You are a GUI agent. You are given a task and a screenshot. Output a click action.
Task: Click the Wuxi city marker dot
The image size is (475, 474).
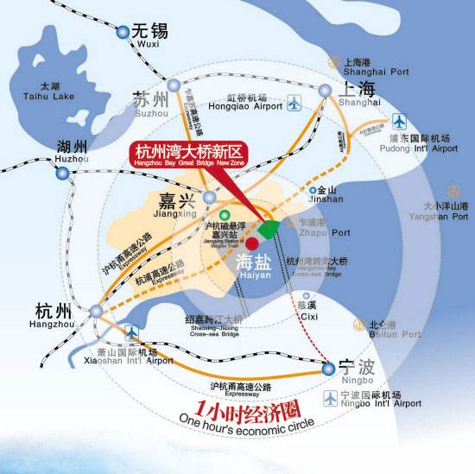tap(123, 32)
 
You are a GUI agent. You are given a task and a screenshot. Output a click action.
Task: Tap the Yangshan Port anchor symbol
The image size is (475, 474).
tap(452, 191)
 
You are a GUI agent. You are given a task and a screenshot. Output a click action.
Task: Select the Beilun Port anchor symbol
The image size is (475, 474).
tap(358, 325)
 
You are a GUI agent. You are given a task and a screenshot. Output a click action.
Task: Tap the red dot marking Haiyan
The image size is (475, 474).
tap(251, 243)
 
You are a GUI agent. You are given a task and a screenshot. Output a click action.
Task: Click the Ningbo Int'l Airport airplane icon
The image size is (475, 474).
tap(331, 398)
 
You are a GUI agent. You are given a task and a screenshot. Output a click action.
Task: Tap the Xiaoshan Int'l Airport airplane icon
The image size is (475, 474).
tap(131, 331)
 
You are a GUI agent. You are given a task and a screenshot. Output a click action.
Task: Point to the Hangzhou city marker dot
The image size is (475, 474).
tap(96, 311)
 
